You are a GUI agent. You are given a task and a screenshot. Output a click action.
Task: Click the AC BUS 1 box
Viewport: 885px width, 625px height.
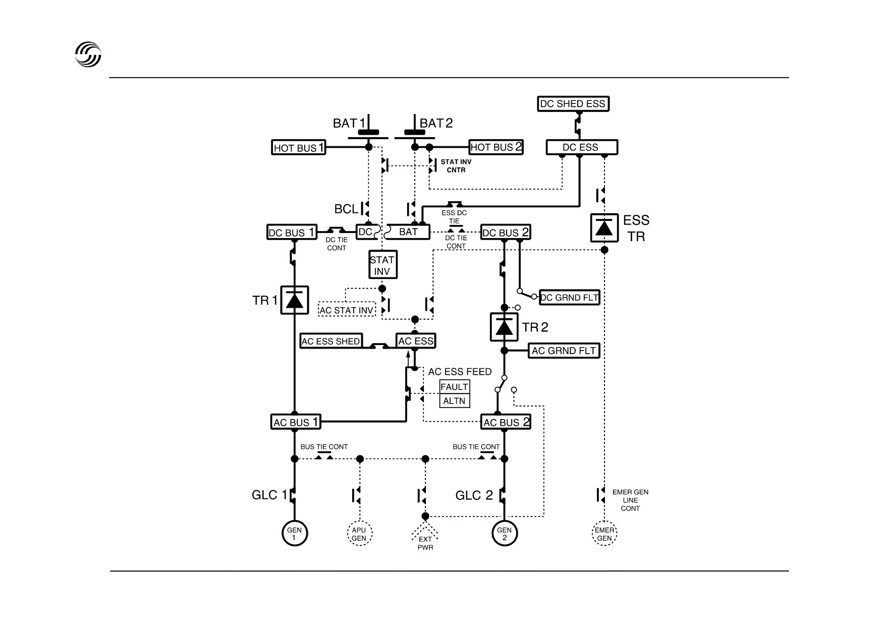click(296, 422)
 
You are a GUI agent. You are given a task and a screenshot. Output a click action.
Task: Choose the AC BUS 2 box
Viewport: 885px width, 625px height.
click(506, 422)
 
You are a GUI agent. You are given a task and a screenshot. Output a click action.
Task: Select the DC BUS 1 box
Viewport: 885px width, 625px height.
click(292, 232)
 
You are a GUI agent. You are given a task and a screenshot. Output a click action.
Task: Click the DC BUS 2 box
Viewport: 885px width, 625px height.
click(506, 232)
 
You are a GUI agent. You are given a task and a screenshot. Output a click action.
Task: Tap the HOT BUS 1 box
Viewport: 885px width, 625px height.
click(299, 147)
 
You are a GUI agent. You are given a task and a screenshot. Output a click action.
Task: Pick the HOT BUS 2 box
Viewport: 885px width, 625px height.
click(496, 147)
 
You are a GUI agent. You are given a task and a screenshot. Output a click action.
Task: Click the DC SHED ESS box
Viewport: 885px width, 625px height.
click(573, 104)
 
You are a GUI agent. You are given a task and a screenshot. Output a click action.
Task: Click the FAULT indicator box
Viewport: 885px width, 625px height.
click(455, 387)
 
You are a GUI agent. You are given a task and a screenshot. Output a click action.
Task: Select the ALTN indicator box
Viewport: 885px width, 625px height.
click(455, 401)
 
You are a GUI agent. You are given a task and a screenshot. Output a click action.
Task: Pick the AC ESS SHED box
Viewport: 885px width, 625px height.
click(331, 341)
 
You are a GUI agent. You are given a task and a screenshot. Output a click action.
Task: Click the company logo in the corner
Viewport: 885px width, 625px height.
click(88, 53)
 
